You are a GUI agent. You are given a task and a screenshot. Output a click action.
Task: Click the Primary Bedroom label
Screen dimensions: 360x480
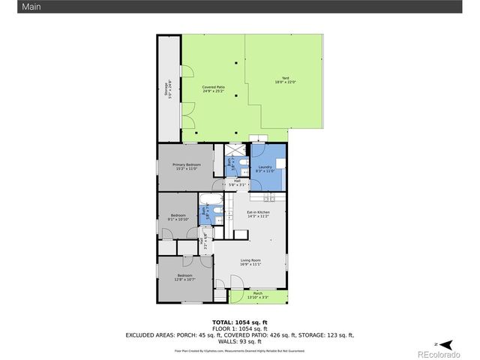click(184, 164)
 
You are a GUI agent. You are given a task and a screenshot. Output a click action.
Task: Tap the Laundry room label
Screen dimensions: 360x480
click(265, 166)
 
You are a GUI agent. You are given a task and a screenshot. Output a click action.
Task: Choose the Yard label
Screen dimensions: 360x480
click(284, 79)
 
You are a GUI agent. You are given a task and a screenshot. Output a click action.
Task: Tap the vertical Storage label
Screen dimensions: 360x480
click(167, 90)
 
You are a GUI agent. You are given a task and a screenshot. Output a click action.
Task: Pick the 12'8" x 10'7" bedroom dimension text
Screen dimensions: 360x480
click(184, 280)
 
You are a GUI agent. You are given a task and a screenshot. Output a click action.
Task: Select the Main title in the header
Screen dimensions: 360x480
click(10, 7)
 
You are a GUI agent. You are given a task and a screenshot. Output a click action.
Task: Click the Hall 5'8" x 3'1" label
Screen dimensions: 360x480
click(237, 182)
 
